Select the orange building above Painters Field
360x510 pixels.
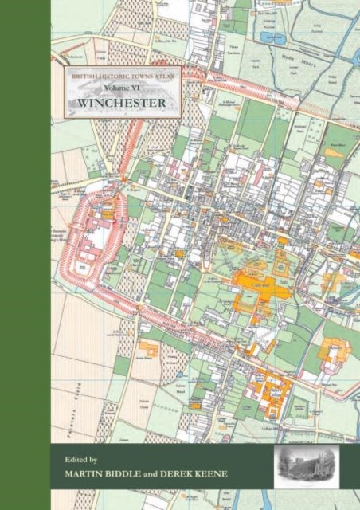pyautogui.click(x=146, y=348)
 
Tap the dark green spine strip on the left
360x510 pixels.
pyautogui.click(x=24, y=255)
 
